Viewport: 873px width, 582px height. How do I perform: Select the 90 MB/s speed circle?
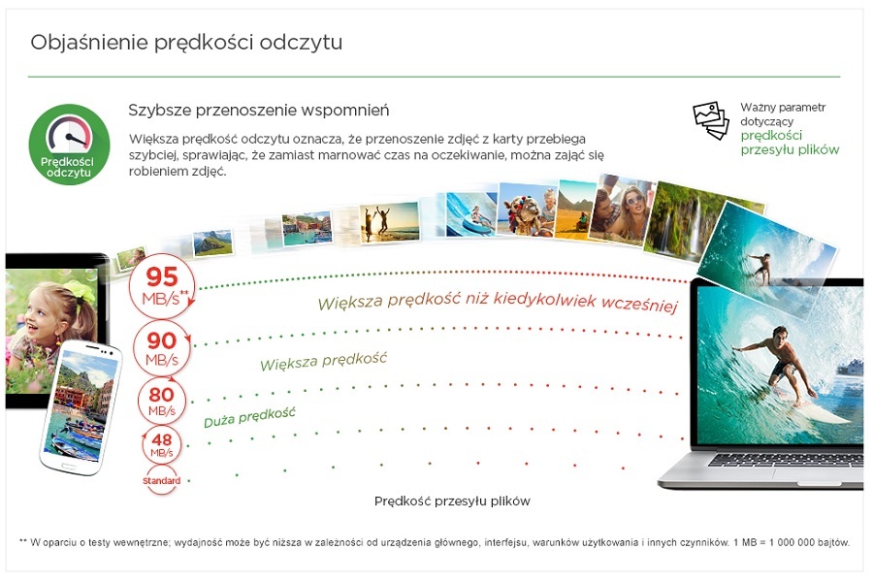click(162, 348)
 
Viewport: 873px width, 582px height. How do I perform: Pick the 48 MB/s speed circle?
click(161, 445)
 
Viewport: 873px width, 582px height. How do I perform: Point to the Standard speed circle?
click(161, 481)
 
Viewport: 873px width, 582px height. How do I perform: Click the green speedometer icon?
click(69, 145)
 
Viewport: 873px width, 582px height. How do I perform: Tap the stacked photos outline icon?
click(710, 119)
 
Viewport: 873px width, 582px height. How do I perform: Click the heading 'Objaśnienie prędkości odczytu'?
click(186, 43)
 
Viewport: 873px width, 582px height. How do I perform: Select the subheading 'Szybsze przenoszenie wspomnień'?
click(258, 111)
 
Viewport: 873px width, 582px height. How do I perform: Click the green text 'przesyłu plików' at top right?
click(790, 149)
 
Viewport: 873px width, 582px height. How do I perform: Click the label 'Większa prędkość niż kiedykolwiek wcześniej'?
click(498, 302)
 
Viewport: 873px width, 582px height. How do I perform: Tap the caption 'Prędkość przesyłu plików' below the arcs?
click(452, 501)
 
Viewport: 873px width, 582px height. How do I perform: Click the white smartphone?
click(81, 407)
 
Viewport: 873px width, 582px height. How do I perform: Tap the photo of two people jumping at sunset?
click(389, 222)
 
